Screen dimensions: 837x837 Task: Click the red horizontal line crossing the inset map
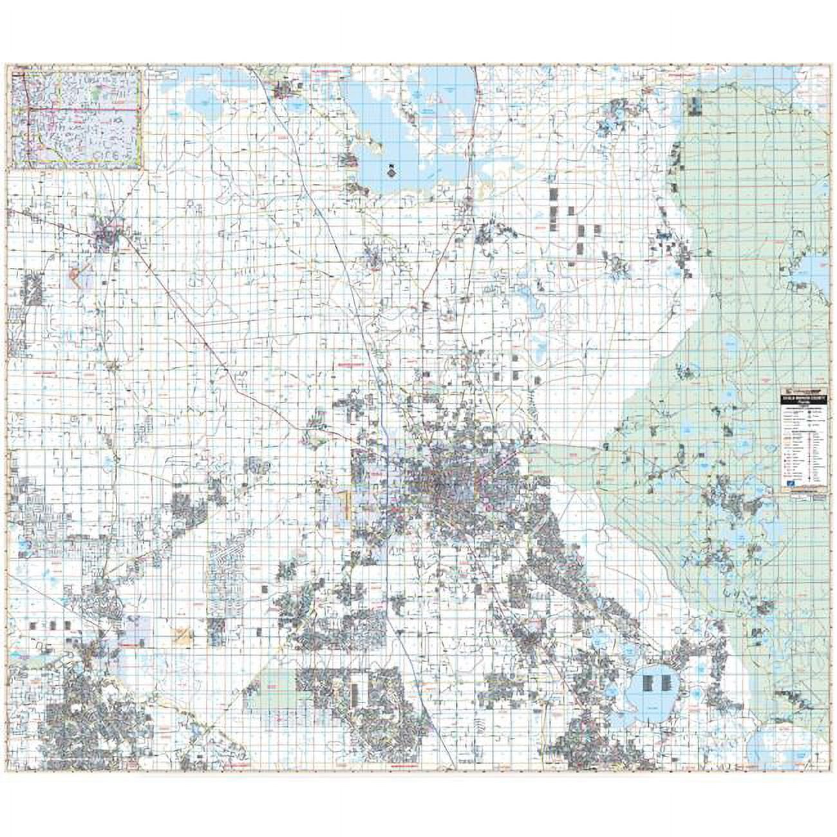click(77, 109)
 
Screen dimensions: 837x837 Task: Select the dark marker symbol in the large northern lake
click(391, 170)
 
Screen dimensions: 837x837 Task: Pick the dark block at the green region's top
click(695, 107)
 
